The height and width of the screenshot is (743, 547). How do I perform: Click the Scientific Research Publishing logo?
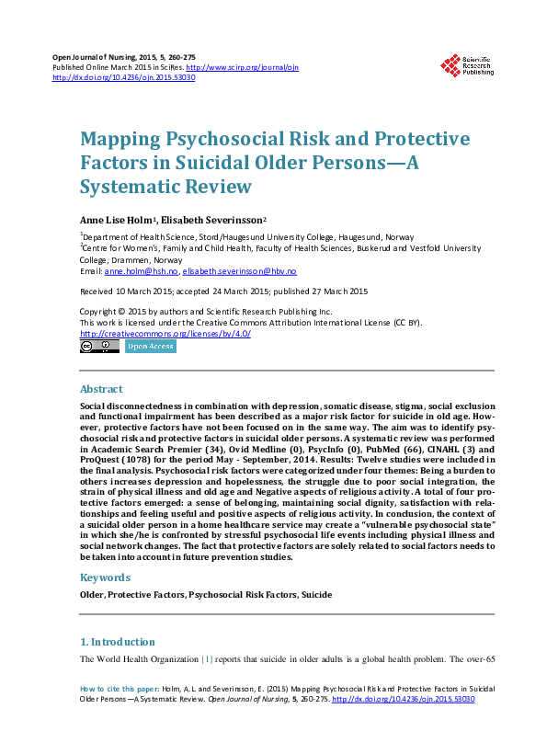468,64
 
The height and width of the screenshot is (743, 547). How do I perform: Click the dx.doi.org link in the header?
123,78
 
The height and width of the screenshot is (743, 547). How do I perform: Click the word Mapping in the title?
123,140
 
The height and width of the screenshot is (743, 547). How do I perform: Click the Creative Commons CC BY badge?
99,347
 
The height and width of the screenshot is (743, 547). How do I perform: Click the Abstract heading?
101,389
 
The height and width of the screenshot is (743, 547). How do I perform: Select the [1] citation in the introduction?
207,659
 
